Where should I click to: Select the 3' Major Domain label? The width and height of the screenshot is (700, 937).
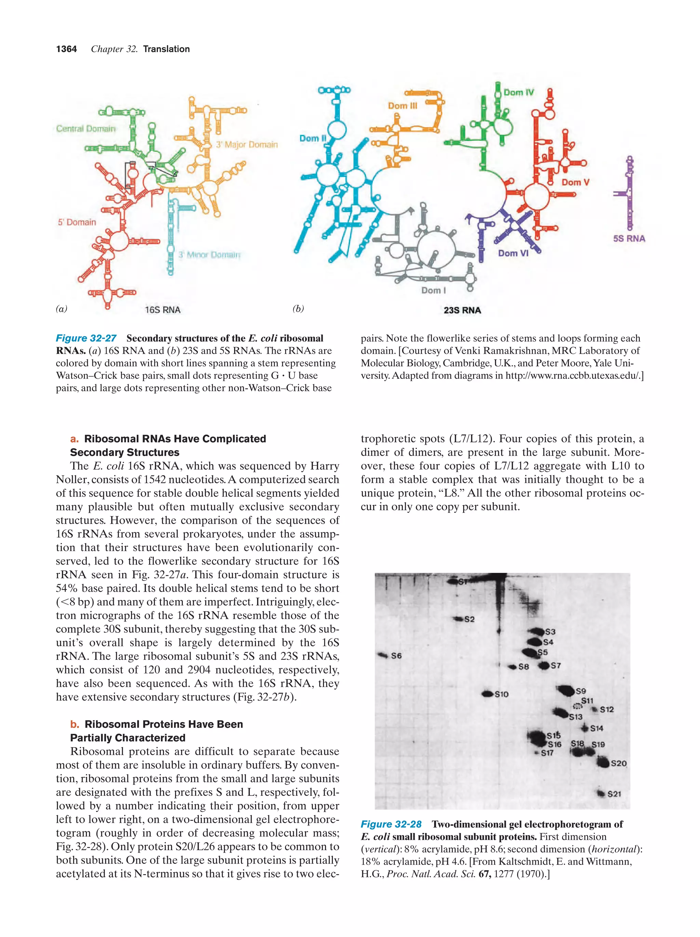(247, 145)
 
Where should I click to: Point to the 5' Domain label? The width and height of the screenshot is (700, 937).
(77, 222)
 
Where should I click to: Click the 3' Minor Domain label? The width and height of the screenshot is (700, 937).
(209, 255)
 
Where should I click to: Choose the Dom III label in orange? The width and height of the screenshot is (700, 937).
(402, 106)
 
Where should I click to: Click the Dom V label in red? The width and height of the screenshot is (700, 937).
(575, 182)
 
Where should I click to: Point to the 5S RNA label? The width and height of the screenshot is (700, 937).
(629, 239)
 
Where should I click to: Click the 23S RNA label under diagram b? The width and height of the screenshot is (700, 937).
(462, 310)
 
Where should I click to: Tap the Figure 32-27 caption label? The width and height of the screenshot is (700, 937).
(86, 338)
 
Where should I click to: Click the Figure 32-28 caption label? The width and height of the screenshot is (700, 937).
(391, 824)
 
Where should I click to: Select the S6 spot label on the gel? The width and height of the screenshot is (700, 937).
(396, 656)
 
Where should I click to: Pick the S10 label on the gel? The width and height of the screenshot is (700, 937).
(501, 694)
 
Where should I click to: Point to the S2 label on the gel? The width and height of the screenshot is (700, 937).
(469, 619)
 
